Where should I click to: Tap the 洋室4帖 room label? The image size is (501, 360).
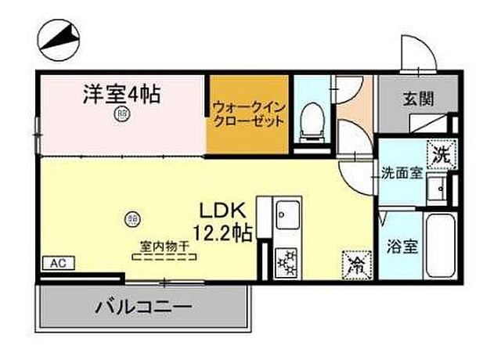tap(122, 95)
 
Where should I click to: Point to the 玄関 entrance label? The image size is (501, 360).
tap(414, 99)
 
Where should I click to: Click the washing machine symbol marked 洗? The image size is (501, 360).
tap(438, 154)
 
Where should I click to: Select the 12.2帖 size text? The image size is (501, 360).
tap(224, 232)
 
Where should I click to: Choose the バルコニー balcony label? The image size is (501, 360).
tap(142, 306)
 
